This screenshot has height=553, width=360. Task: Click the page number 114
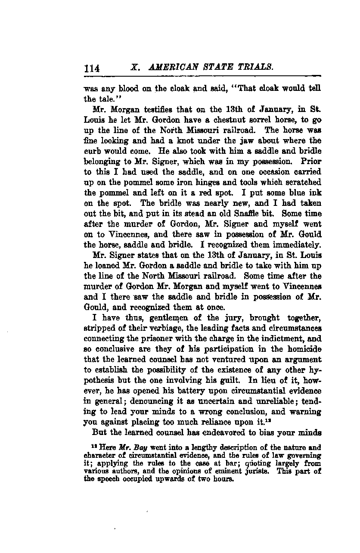pyautogui.click(x=92, y=68)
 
